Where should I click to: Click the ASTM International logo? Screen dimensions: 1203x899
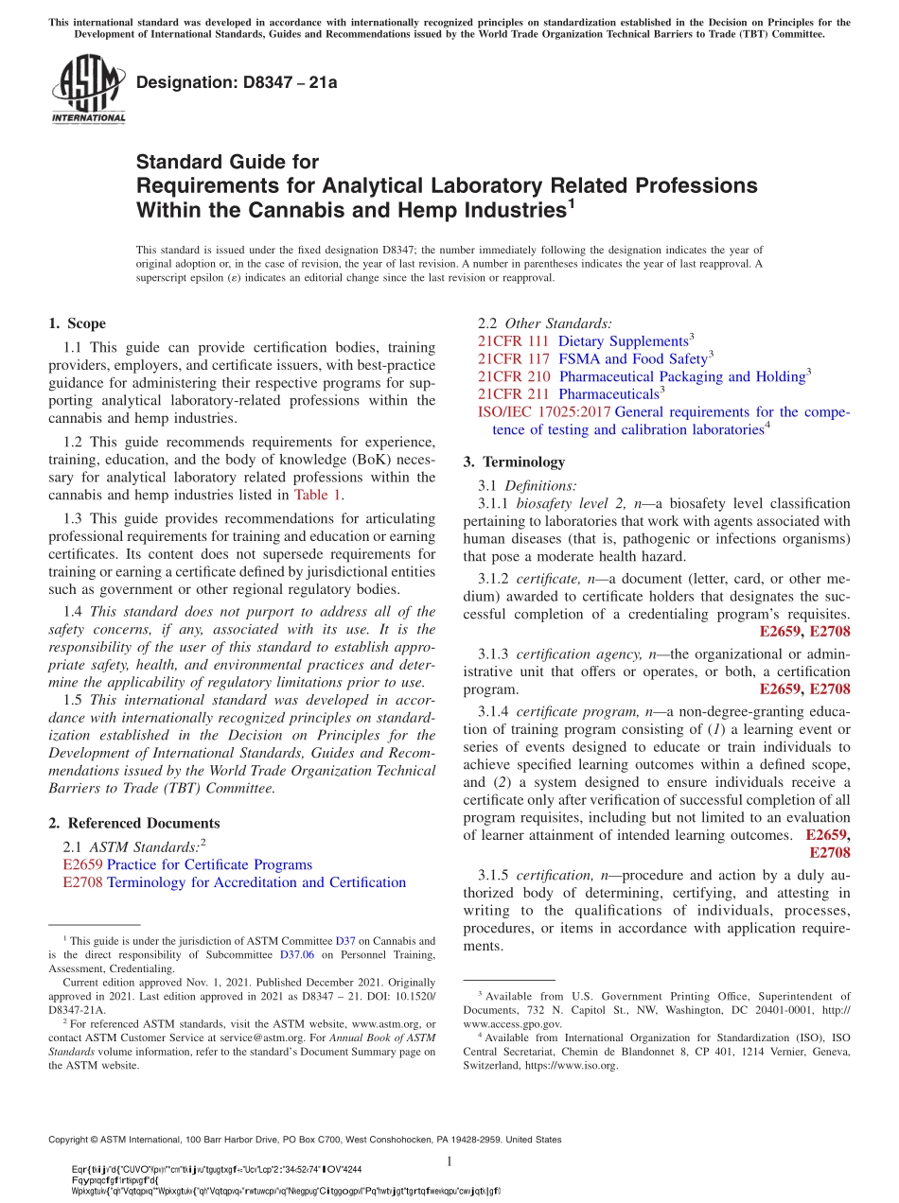(87, 90)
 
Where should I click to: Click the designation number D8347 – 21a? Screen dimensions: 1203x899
(237, 82)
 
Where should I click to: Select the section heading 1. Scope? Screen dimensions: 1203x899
(77, 323)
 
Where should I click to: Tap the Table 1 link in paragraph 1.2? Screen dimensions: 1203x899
(318, 494)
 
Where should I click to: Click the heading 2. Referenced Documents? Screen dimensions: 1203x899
(134, 823)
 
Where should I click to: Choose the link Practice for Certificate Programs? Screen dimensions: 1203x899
(209, 864)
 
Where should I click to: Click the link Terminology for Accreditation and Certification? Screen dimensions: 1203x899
(256, 882)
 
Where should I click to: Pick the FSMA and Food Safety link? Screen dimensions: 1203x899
(632, 358)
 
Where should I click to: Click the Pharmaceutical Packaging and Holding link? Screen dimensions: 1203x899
(681, 376)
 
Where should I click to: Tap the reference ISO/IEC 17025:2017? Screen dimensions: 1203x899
(544, 412)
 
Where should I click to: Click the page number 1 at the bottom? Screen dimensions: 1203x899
(449, 1161)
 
